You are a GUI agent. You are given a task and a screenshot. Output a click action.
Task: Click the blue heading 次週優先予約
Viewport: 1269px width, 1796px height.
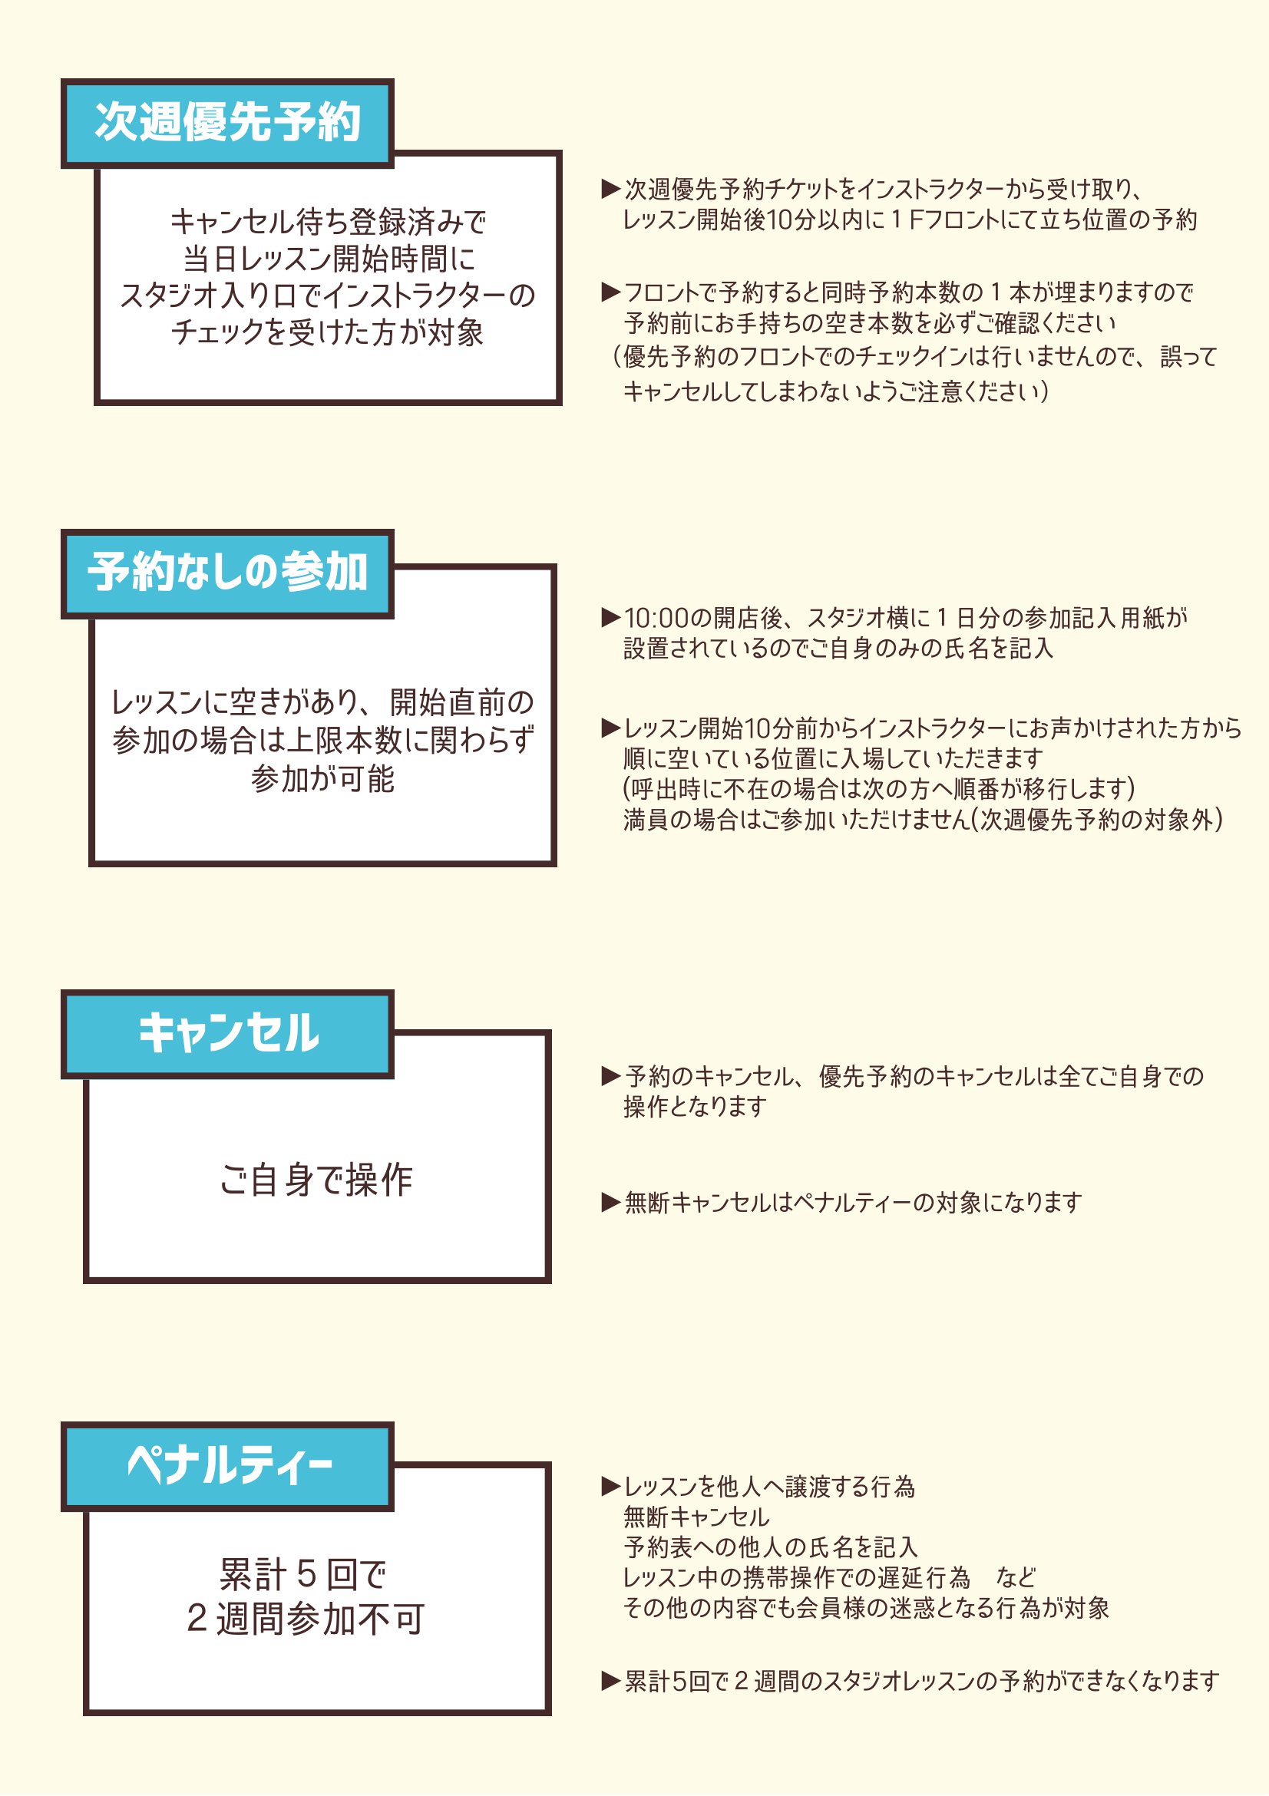click(x=227, y=123)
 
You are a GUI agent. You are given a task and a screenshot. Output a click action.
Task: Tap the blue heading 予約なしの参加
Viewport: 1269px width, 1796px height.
click(x=227, y=573)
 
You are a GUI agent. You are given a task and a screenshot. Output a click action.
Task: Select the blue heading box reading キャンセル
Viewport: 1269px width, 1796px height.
click(x=227, y=1034)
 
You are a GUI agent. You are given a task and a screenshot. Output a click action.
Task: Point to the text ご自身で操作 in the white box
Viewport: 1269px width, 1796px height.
click(x=316, y=1180)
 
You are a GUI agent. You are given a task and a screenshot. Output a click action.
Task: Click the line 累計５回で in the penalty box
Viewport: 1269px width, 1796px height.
click(x=303, y=1575)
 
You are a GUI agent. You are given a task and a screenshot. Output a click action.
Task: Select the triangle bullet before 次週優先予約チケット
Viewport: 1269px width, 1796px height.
click(x=610, y=189)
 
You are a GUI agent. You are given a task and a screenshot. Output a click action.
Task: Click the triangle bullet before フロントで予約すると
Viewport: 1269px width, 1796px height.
click(x=610, y=292)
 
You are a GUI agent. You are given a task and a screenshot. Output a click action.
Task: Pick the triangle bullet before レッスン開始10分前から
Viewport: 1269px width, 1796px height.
click(x=610, y=728)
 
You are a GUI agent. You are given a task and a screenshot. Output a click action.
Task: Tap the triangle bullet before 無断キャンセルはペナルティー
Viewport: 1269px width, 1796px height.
click(x=610, y=1202)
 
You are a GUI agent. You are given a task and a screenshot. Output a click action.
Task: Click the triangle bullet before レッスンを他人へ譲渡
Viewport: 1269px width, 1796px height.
click(x=610, y=1486)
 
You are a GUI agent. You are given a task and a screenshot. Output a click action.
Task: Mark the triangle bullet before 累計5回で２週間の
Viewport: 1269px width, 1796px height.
click(x=610, y=1681)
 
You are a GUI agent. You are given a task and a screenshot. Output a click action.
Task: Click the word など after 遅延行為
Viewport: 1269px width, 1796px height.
click(x=1016, y=1578)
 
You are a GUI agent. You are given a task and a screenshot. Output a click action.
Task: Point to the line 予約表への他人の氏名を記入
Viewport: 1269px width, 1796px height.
click(x=771, y=1547)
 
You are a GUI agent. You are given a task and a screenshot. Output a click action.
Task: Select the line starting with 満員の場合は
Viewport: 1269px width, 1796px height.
click(x=924, y=820)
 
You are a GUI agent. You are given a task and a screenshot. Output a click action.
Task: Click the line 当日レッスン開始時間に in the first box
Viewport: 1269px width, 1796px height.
click(x=329, y=259)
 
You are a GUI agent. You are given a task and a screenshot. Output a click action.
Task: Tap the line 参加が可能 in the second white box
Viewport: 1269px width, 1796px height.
click(x=322, y=779)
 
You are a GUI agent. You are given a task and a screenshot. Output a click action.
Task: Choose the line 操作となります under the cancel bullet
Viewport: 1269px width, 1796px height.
click(x=695, y=1107)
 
